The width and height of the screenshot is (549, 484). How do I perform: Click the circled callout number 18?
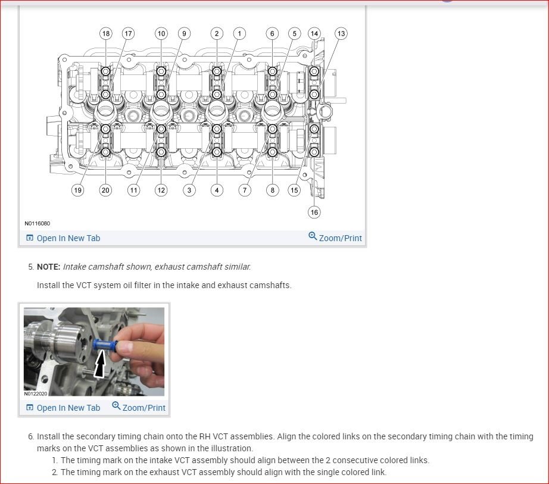106,34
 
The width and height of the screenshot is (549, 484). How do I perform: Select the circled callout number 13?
341,34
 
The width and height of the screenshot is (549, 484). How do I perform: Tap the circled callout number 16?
314,212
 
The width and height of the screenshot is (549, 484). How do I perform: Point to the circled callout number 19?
77,191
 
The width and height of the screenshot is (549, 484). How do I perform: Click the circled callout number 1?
239,34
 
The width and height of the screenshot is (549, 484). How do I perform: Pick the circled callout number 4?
217,191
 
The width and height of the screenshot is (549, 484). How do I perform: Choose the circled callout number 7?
245,191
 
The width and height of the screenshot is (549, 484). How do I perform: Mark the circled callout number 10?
161,34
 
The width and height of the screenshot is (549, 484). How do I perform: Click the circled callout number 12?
161,191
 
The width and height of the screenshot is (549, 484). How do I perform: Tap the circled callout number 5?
294,34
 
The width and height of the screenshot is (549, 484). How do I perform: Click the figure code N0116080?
37,224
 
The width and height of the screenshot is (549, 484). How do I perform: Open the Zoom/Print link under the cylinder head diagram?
335,238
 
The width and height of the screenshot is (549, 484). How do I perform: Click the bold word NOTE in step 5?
48,267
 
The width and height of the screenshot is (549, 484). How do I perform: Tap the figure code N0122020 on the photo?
36,394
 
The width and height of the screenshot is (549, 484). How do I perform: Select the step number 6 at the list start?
30,436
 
